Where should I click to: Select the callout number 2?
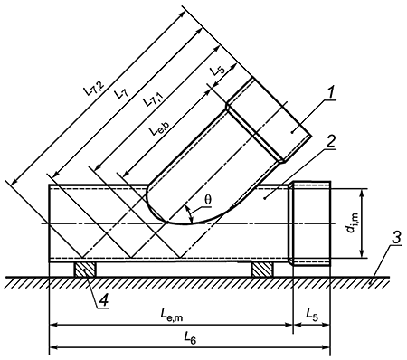pos(331,141)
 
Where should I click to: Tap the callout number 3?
pos(396,237)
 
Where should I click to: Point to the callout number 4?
pos(104,300)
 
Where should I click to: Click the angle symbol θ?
pos(208,200)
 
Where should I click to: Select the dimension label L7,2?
pos(94,87)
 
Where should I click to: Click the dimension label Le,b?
pos(158,128)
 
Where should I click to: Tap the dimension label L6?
pos(190,338)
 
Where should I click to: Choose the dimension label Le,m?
pos(171,315)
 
